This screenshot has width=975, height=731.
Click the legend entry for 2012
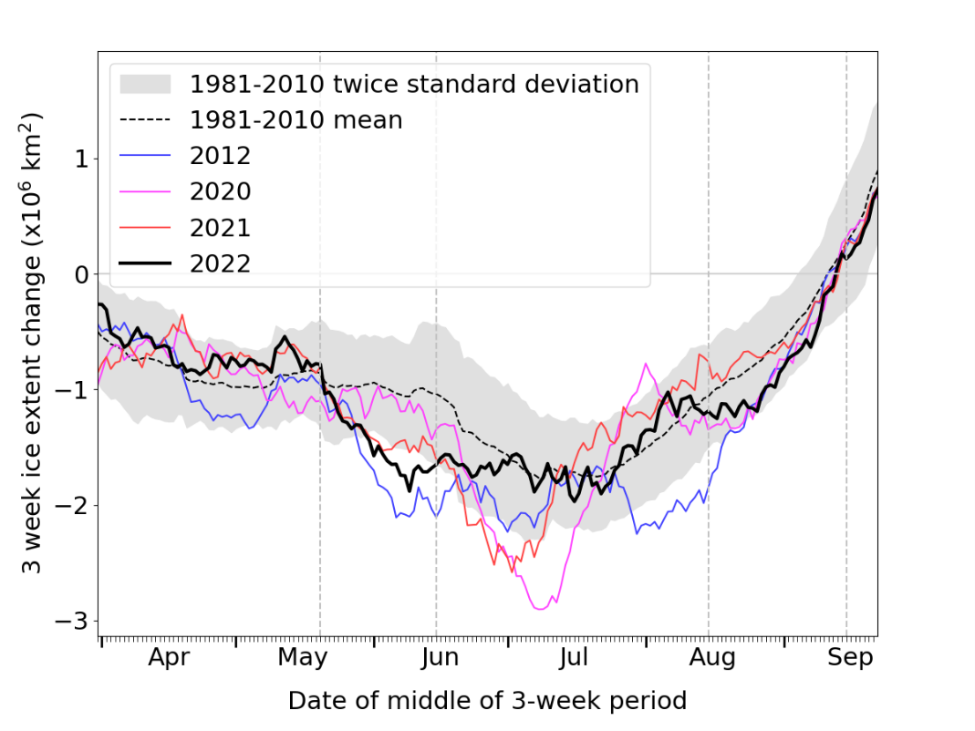pyautogui.click(x=220, y=155)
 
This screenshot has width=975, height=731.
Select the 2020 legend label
pyautogui.click(x=220, y=190)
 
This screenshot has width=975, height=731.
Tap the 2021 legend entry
pyautogui.click(x=220, y=227)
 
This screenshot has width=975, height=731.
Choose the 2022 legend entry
pyautogui.click(x=220, y=263)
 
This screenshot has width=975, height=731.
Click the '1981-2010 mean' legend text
pyautogui.click(x=296, y=119)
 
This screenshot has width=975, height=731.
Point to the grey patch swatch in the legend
pyautogui.click(x=146, y=84)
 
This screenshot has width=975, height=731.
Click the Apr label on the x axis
pyautogui.click(x=169, y=657)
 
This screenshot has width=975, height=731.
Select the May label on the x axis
pyautogui.click(x=303, y=657)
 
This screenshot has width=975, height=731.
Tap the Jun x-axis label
pyautogui.click(x=441, y=657)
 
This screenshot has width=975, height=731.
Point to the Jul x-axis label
pyautogui.click(x=575, y=657)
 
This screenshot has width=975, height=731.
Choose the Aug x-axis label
pyautogui.click(x=712, y=657)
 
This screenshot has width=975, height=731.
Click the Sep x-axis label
pyautogui.click(x=849, y=657)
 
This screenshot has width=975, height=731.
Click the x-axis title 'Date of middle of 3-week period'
pyautogui.click(x=487, y=700)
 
